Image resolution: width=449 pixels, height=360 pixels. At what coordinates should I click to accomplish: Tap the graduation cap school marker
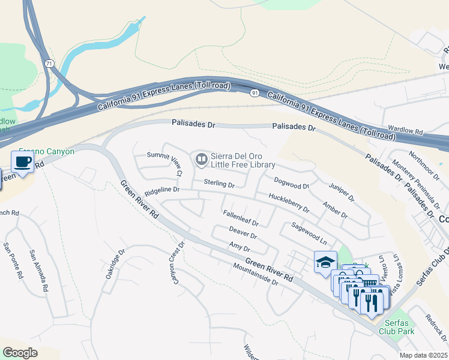click(325, 262)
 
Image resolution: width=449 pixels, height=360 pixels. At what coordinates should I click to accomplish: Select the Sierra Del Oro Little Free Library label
click(243, 160)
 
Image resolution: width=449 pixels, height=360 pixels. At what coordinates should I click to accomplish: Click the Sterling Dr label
click(218, 183)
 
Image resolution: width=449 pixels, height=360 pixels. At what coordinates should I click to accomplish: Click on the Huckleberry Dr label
click(289, 203)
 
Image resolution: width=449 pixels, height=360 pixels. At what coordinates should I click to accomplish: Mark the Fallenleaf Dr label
click(240, 217)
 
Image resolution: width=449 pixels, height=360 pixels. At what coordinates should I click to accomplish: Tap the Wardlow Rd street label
click(405, 129)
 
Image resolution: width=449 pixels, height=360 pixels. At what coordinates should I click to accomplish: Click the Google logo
click(20, 352)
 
